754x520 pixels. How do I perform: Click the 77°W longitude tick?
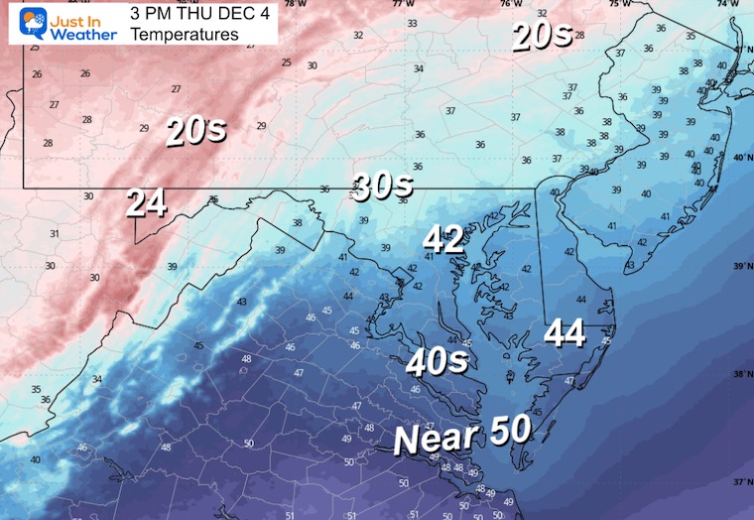click(x=402, y=4)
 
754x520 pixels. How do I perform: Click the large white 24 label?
click(x=145, y=203)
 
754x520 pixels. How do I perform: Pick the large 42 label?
click(x=443, y=239)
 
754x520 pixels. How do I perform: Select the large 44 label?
click(x=564, y=333)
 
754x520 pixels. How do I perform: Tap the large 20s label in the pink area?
click(x=196, y=131)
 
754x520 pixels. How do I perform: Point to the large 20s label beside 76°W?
click(x=542, y=36)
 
